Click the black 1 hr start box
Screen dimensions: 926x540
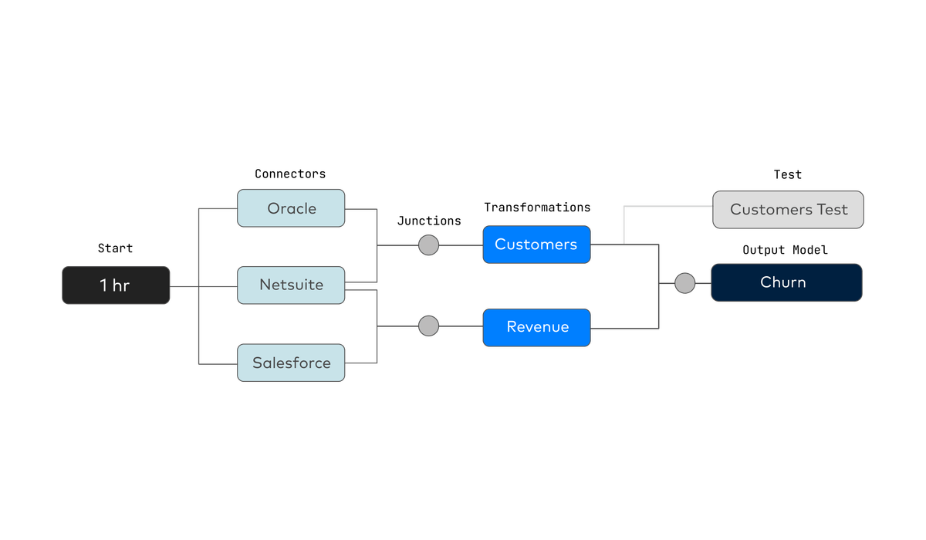pos(116,285)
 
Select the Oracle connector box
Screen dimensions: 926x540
pos(291,208)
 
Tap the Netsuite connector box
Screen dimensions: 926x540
pos(291,285)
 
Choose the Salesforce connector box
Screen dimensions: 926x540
pos(291,363)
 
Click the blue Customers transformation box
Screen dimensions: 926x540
pos(536,245)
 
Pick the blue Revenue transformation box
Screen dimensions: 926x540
pos(536,328)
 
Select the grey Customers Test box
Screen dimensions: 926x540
pos(788,210)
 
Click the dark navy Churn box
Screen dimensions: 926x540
pos(786,282)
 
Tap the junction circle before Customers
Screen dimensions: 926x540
pos(429,245)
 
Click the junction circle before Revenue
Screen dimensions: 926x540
pos(429,326)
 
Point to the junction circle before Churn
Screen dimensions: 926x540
pos(685,283)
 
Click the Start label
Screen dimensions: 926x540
pos(115,248)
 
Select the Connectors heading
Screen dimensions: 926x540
pos(290,174)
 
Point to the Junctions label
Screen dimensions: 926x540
pos(429,221)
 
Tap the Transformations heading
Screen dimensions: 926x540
pos(537,208)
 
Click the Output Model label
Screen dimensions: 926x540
pos(785,250)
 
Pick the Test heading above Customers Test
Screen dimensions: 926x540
pos(788,175)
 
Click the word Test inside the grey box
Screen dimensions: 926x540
pos(832,210)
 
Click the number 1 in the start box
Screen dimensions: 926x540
pos(103,285)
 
